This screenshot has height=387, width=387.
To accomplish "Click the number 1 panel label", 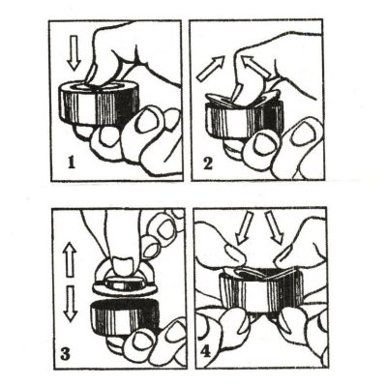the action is tap(72, 163).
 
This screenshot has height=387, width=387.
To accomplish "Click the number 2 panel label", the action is tap(208, 164).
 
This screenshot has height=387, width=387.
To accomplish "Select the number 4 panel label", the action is tap(205, 351).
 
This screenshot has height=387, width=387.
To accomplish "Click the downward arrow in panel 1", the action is tap(74, 53).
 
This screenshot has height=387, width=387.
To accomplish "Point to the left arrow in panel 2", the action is tap(211, 68).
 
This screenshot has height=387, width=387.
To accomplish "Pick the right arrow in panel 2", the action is tap(256, 67).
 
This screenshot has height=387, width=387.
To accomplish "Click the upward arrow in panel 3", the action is tap(71, 259).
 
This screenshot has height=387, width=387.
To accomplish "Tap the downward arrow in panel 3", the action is tap(71, 304).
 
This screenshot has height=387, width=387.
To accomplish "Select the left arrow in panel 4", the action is tap(243, 227).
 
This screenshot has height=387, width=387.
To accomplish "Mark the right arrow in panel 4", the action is tap(274, 227).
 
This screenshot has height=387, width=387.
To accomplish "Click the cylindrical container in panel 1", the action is tap(99, 104).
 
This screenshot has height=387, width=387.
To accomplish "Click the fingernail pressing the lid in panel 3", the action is tap(124, 264).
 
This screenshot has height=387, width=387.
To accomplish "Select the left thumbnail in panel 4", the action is tap(234, 253).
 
